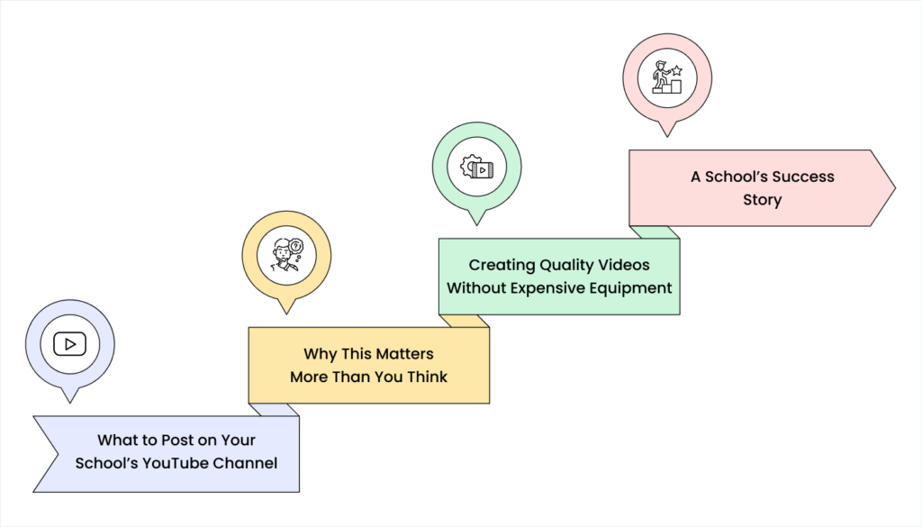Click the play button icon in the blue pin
69,343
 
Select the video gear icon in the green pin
476,168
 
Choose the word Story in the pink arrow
762,200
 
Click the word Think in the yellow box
427,377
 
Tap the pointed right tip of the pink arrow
893,188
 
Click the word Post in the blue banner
177,441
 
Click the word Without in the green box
478,288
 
